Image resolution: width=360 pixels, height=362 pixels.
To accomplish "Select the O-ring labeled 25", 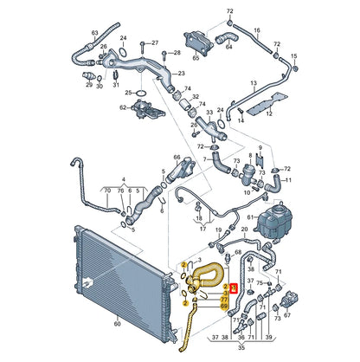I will tap(131, 91).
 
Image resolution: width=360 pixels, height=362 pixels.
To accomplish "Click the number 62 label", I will tap(123, 108).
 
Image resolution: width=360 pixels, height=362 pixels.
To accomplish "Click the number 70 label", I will tap(106, 188).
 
